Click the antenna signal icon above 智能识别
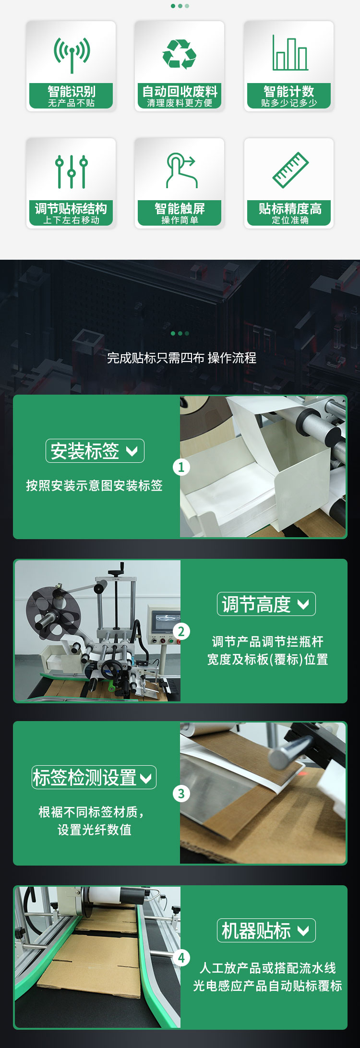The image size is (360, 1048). pos(72,54)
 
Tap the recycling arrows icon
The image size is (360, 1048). pos(180,54)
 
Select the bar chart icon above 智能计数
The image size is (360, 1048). pos(289,53)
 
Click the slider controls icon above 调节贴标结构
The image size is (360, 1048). pos(72,171)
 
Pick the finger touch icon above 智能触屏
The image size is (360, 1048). pos(180,170)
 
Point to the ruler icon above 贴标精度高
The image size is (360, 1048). pos(290,170)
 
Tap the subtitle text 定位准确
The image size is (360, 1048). pos(290,220)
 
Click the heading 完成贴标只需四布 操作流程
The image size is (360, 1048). pos(181,358)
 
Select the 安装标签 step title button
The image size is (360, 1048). pos(95,451)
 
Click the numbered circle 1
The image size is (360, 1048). pos(181,467)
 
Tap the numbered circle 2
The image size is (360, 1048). pos(181,631)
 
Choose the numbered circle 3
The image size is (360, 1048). pos(181,794)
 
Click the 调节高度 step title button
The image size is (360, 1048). pos(266,604)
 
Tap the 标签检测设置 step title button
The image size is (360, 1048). pos(94,777)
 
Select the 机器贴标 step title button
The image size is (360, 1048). pos(266,930)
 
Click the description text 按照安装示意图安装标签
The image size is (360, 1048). pos(94,485)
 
